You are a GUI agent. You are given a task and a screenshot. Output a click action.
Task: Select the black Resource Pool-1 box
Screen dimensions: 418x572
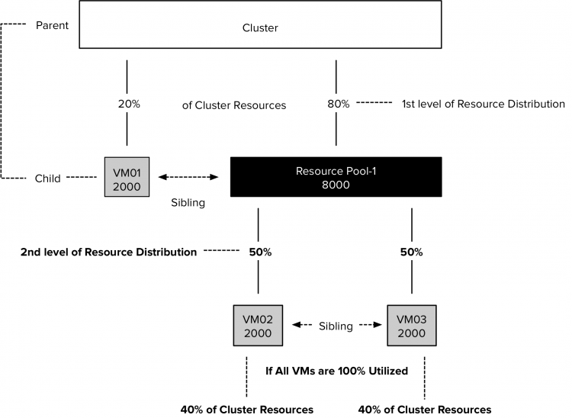click(336, 177)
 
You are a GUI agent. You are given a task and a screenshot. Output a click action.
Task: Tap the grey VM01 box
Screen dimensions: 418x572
click(126, 177)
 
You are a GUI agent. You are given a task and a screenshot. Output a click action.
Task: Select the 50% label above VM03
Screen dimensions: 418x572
click(412, 252)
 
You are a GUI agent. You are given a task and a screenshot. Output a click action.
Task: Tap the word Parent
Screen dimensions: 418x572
click(53, 26)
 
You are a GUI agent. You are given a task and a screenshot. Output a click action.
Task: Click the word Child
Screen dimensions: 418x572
click(48, 178)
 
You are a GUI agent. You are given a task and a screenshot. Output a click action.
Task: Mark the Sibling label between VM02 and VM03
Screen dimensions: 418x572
click(336, 326)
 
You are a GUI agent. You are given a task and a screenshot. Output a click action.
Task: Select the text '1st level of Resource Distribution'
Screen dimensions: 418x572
click(483, 104)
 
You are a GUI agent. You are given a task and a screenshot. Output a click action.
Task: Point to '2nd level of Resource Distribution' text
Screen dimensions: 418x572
click(108, 252)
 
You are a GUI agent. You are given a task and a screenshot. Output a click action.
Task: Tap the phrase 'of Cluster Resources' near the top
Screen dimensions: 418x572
click(234, 105)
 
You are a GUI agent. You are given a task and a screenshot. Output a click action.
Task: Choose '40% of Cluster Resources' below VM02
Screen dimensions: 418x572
click(246, 409)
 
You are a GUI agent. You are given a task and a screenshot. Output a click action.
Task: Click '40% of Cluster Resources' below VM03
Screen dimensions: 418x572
click(425, 409)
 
